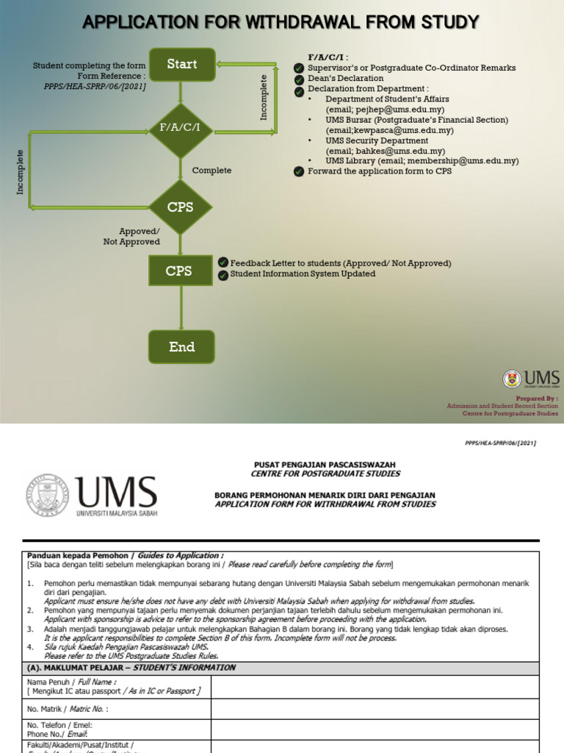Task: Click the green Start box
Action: coord(182,64)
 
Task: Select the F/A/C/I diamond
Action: coord(181,129)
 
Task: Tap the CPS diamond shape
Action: coord(181,207)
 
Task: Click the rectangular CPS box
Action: coord(178,271)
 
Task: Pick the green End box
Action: coord(181,347)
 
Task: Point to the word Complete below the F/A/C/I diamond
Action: coord(211,171)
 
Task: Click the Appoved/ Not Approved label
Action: coord(131,236)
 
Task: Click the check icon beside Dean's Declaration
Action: coord(299,79)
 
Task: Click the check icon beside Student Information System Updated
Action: coord(223,274)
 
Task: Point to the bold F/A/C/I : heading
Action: coord(328,57)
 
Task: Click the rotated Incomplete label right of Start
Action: coord(265,97)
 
